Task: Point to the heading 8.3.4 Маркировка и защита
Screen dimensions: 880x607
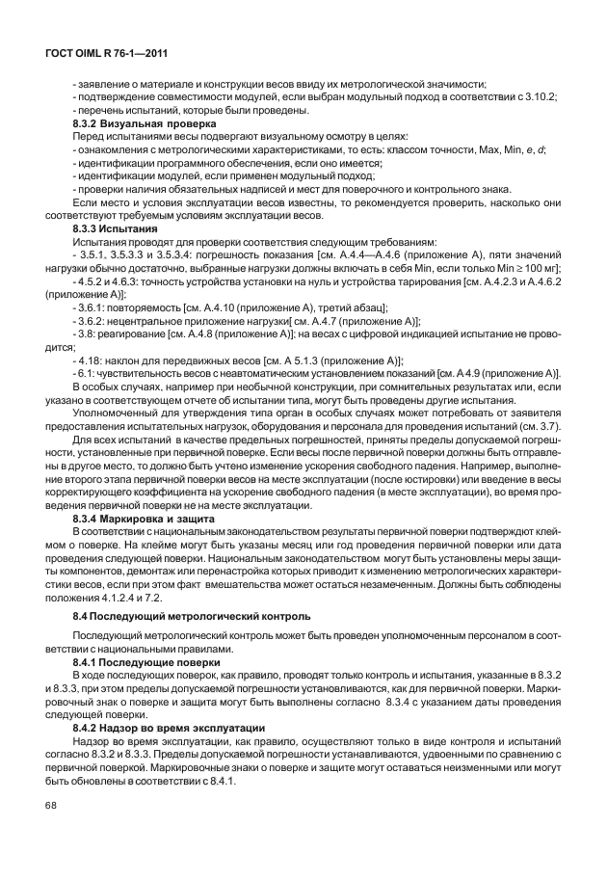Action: point(144,519)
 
